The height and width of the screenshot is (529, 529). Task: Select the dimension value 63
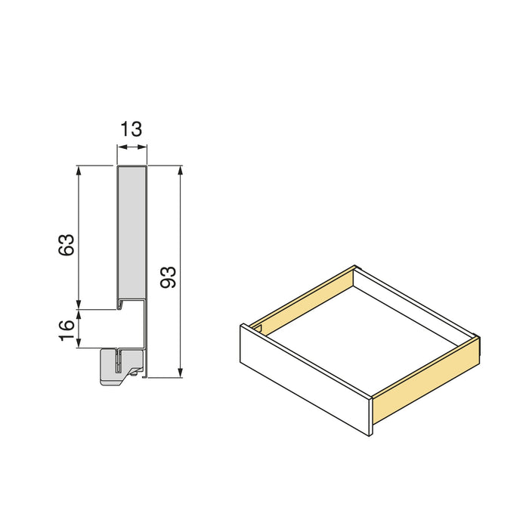click(x=67, y=245)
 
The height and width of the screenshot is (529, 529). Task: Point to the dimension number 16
click(x=67, y=329)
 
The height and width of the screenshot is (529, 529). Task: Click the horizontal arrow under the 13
click(x=131, y=147)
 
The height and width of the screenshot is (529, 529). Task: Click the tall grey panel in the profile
click(x=131, y=234)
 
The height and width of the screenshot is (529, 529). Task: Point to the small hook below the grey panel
click(x=121, y=306)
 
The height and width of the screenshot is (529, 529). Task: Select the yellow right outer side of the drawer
click(x=427, y=382)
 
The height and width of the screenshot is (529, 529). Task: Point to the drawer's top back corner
click(x=355, y=266)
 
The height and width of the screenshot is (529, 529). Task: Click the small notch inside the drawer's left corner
click(x=259, y=329)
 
